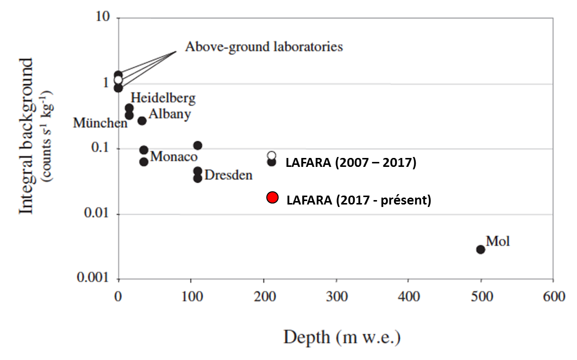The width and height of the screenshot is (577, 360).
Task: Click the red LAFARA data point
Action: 272,198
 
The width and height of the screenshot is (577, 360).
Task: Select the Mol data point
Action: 481,250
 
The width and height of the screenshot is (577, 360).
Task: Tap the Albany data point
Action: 142,121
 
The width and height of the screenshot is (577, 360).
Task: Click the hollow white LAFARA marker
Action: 272,155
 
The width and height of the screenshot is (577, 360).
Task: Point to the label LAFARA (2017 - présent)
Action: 359,200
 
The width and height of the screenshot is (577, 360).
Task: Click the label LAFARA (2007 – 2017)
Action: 351,162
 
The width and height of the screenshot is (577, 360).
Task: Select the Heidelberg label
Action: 163,98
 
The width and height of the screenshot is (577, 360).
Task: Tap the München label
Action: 100,123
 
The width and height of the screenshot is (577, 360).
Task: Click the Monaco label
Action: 174,156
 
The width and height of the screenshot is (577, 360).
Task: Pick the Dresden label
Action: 229,175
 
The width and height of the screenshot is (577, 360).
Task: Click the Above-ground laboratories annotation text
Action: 264,47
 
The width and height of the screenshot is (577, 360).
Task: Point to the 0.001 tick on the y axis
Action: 93,277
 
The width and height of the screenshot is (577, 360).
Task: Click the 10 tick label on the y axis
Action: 102,16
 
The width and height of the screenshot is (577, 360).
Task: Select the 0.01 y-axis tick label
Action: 97,212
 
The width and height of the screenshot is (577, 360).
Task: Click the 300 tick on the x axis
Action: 337,296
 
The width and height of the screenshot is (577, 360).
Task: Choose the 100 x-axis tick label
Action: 192,296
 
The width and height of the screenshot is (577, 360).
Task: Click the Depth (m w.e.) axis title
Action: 342,337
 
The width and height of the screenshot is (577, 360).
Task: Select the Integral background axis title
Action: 27,136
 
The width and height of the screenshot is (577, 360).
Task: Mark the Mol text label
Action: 498,241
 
